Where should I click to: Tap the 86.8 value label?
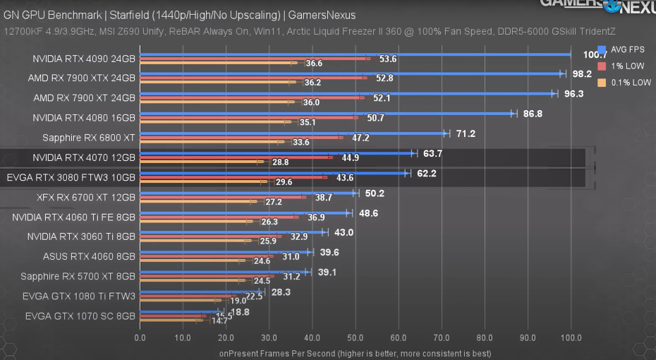533,114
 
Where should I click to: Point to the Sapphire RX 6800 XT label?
88,138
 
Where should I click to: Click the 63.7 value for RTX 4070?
432,153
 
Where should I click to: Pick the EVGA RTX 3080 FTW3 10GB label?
71,177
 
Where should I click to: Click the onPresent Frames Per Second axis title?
355,353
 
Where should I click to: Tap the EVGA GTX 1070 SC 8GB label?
80,316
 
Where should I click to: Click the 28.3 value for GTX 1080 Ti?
281,292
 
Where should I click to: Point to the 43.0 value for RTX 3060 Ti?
343,232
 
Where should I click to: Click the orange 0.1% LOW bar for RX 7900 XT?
215,102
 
